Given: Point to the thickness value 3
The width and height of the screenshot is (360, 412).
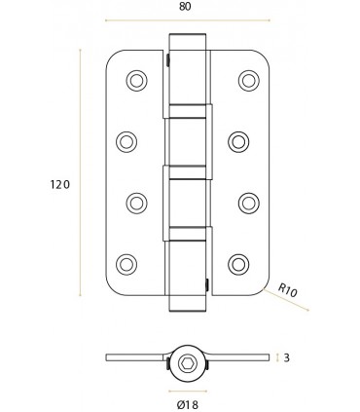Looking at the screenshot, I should point(287,357).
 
